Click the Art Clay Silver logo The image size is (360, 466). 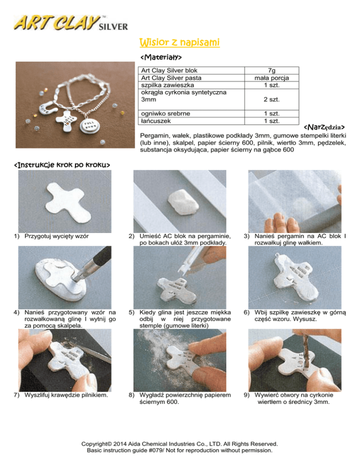71,23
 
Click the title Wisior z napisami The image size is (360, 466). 180,42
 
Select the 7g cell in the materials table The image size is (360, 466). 272,70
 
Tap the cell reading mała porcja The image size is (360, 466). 272,78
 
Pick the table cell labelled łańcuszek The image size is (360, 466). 191,121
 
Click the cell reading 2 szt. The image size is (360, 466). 272,99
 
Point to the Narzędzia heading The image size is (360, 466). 324,127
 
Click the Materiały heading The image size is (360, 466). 161,57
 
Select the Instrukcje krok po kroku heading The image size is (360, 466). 62,165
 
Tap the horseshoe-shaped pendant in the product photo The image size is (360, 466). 47,107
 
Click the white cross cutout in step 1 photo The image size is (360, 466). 68,202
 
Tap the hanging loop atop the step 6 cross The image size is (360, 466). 277,255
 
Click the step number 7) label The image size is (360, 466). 17,395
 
